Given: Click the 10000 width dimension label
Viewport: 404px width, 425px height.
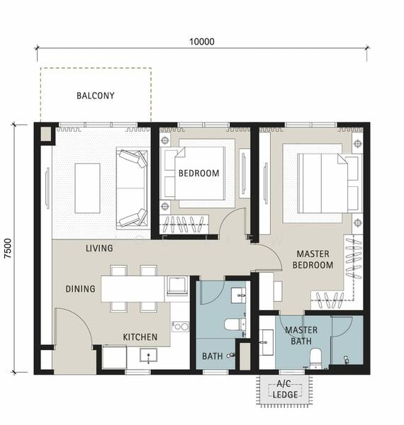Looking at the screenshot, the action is (202, 42).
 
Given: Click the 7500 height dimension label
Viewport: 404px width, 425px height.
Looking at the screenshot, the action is (8, 249).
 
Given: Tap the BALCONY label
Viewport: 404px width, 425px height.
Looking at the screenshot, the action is (96, 96).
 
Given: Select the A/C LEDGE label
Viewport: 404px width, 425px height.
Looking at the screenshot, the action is (285, 389).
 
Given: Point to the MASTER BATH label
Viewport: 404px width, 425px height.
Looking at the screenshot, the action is (301, 336).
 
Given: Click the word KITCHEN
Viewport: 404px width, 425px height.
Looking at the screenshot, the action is (140, 337).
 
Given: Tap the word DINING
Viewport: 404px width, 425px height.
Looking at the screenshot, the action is (80, 289).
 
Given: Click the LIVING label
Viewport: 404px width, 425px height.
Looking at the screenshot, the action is (99, 248).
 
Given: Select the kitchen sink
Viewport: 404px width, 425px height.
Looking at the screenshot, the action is (148, 355).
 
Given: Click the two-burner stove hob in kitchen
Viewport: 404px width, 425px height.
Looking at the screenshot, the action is (181, 327).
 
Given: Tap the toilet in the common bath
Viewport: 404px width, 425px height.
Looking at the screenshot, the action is (235, 324).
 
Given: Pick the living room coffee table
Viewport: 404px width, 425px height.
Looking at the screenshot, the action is (88, 188).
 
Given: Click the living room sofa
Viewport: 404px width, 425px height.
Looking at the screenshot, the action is (133, 188).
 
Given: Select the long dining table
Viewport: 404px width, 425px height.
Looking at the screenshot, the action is (133, 289).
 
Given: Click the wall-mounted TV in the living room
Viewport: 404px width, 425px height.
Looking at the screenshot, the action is (47, 188).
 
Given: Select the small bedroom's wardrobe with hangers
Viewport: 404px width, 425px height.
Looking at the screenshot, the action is (184, 224).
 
